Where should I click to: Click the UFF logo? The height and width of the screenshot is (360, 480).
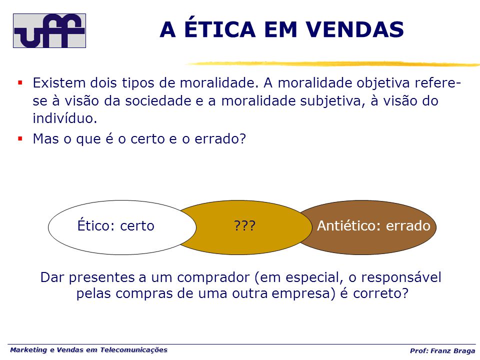tap(49, 30)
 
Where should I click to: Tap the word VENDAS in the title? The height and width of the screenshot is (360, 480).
tap(355, 29)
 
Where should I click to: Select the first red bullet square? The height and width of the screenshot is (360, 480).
tap(20, 82)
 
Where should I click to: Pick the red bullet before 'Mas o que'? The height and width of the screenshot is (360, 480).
tap(20, 138)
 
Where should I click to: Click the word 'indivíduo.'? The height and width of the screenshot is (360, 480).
tap(65, 118)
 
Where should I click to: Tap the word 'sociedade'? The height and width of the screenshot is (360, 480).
tap(158, 100)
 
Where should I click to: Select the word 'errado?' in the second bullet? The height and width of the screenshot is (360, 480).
tap(220, 138)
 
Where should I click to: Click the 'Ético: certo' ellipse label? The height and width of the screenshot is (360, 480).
tap(115, 225)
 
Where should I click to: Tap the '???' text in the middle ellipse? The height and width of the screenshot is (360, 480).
tap(244, 226)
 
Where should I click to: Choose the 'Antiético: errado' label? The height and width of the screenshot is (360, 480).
tap(373, 225)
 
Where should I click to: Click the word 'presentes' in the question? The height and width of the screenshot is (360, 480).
tap(101, 277)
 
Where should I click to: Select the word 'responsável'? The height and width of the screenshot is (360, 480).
tap(401, 277)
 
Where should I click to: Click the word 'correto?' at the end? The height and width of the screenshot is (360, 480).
tap(381, 293)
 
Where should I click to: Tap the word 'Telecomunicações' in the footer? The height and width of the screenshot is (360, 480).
tap(134, 350)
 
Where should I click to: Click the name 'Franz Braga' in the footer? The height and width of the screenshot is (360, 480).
tap(453, 351)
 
